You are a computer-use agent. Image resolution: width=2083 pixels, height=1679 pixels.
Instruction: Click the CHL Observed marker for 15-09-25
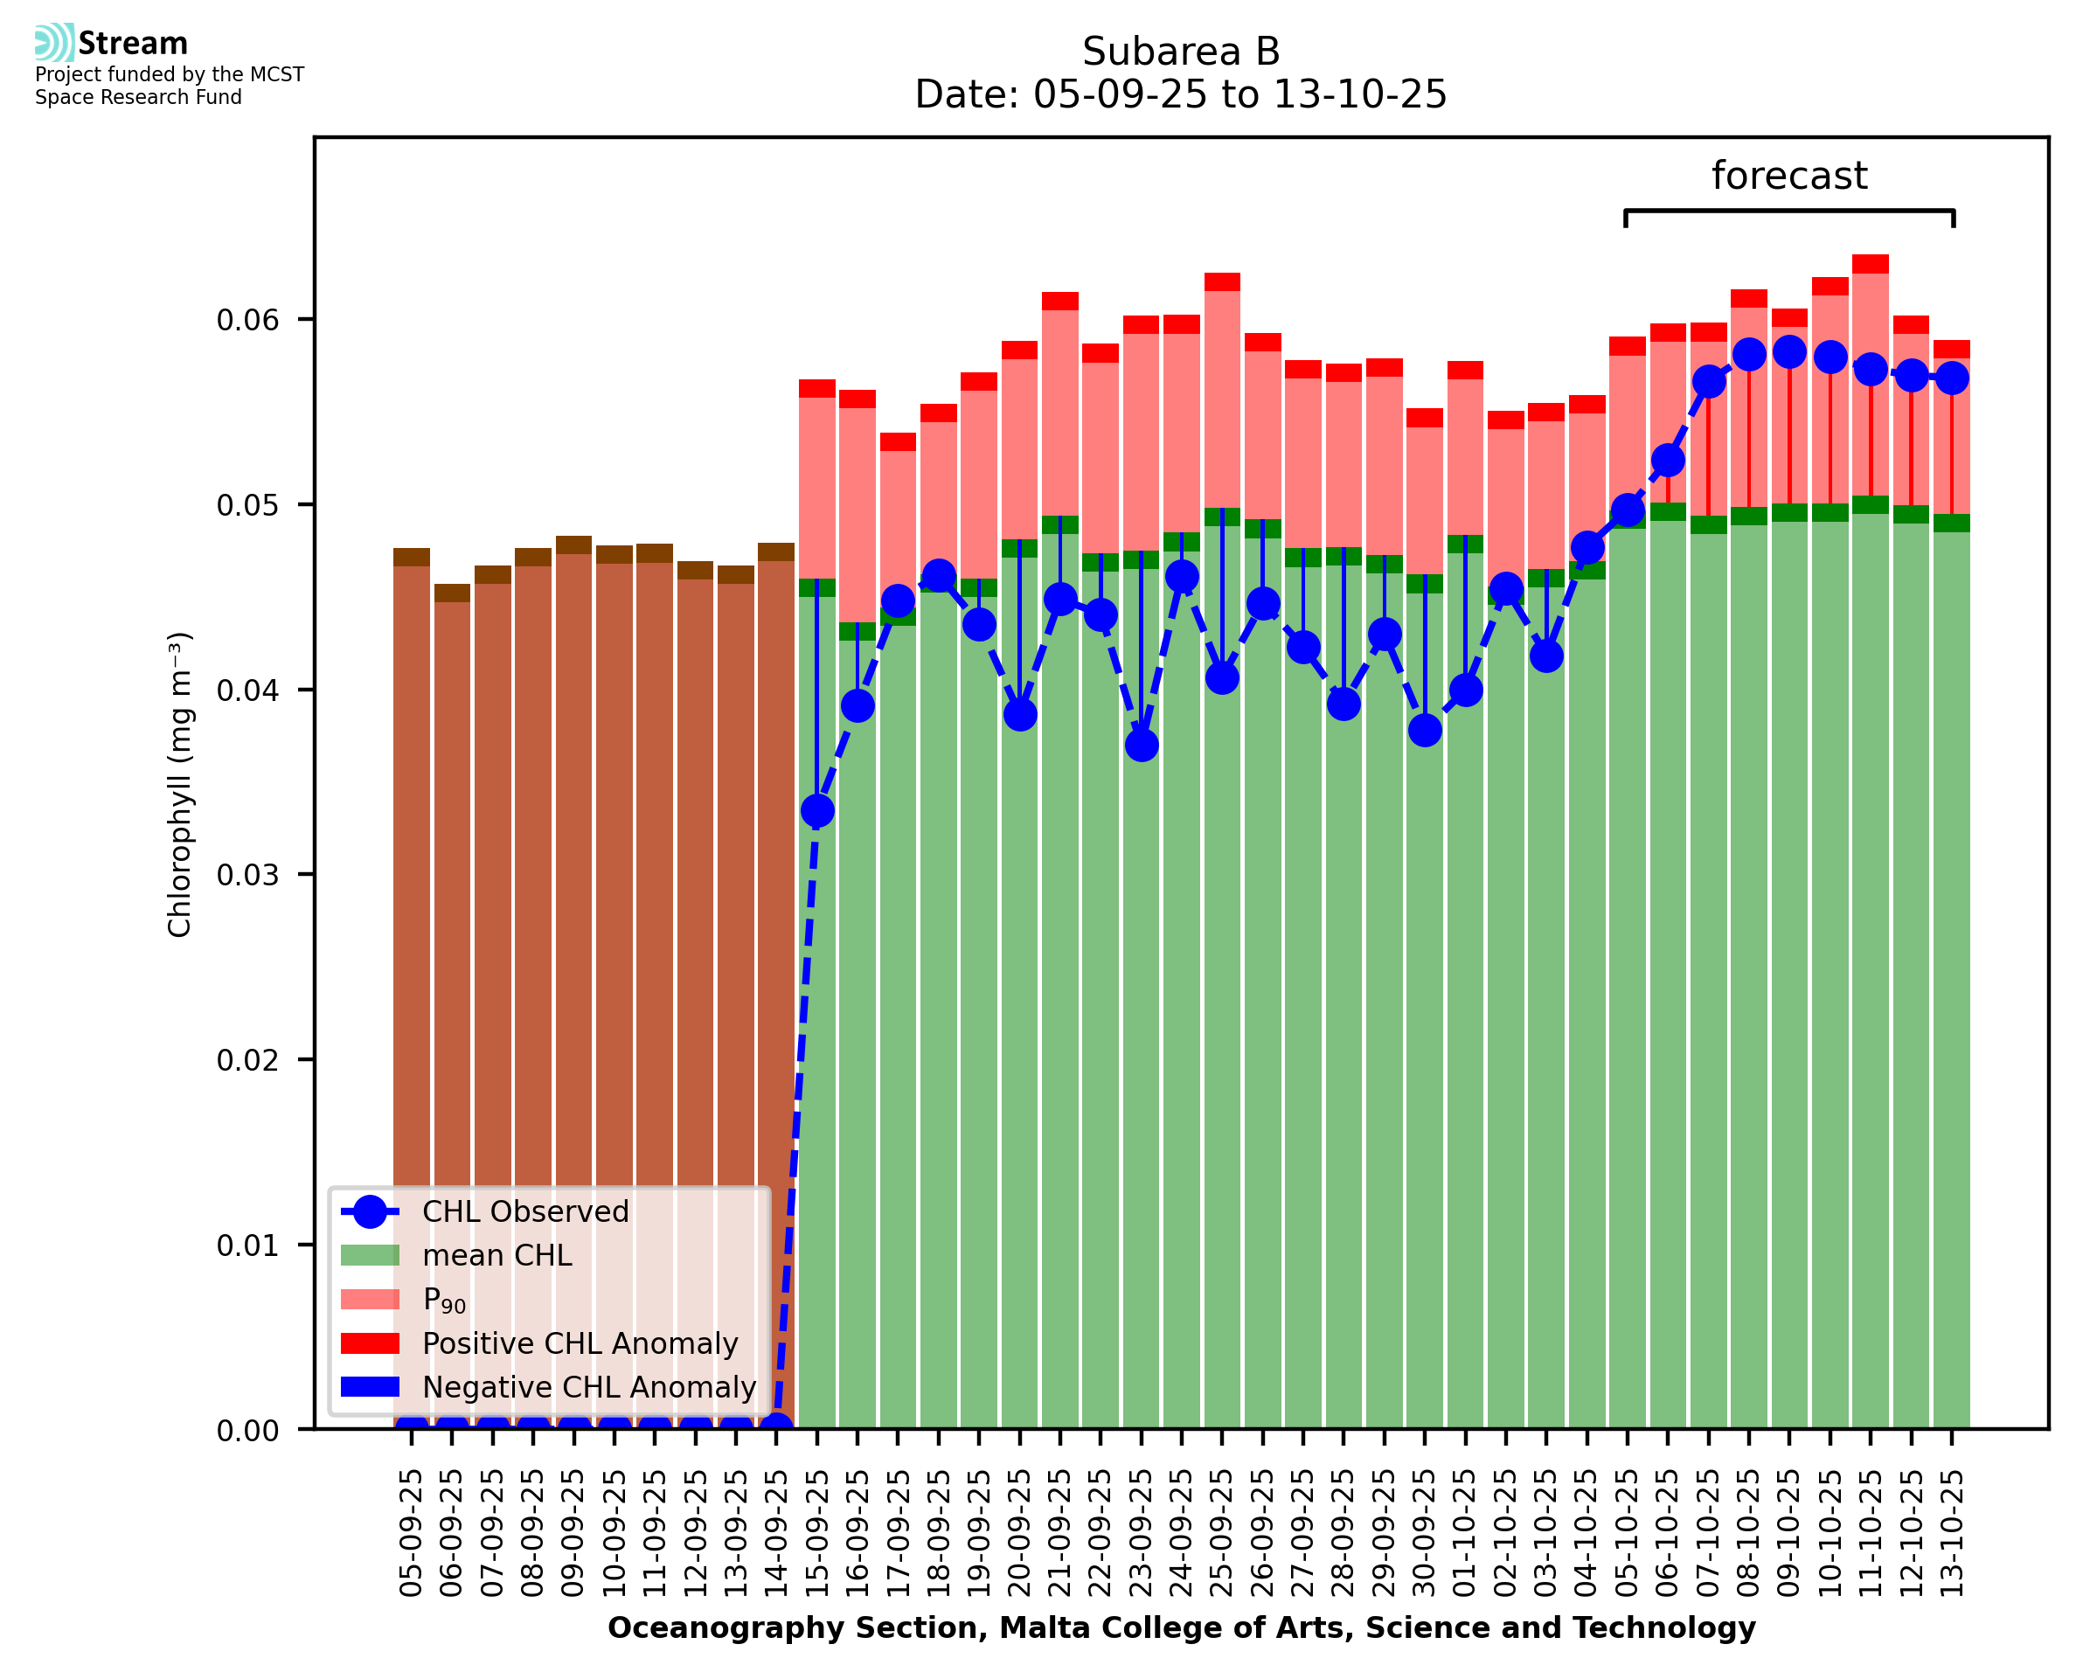[x=817, y=810]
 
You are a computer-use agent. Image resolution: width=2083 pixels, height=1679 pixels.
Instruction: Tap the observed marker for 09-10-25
[x=1790, y=352]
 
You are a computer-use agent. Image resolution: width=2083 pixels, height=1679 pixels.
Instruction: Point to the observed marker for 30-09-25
[x=1426, y=730]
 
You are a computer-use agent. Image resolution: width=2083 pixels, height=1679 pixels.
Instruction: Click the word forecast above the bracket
[x=1789, y=176]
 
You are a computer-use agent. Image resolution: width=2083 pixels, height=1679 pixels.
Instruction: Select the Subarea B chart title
[x=1181, y=52]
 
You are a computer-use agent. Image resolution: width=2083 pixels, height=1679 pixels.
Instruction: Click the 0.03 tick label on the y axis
[x=247, y=875]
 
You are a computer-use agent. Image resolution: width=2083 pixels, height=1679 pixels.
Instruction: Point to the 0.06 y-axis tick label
[x=247, y=320]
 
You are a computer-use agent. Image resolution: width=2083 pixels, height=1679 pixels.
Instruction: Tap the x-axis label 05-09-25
[x=412, y=1533]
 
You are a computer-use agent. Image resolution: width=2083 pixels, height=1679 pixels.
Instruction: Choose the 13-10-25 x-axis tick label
[x=1953, y=1533]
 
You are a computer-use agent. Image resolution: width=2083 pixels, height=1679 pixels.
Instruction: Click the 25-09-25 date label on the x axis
[x=1222, y=1533]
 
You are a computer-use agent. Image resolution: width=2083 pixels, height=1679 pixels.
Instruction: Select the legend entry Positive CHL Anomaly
[x=580, y=1343]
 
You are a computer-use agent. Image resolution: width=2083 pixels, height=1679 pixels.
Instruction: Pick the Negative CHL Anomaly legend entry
[x=588, y=1387]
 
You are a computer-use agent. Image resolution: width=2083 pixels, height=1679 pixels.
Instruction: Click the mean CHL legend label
[x=497, y=1255]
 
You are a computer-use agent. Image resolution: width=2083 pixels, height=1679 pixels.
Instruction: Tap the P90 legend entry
[x=444, y=1300]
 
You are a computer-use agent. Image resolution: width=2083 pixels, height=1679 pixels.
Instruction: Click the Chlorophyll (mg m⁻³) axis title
[x=180, y=784]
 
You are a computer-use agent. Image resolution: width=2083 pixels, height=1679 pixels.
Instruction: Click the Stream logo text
[x=133, y=44]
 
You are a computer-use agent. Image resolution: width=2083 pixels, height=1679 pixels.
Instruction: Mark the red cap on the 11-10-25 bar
[x=1871, y=264]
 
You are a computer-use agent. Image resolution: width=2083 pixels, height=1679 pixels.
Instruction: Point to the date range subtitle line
[x=1181, y=94]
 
